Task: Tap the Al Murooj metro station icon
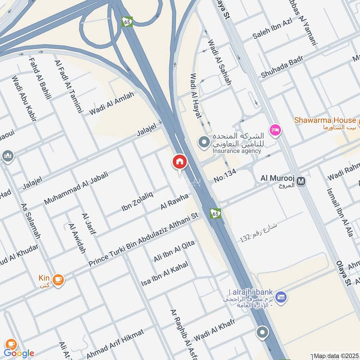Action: [x=301, y=181]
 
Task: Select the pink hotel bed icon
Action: [x=274, y=130]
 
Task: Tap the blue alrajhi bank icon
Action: [x=281, y=297]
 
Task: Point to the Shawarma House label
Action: [x=325, y=120]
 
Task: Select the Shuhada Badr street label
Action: [x=282, y=67]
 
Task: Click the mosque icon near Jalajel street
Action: [x=8, y=156]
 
